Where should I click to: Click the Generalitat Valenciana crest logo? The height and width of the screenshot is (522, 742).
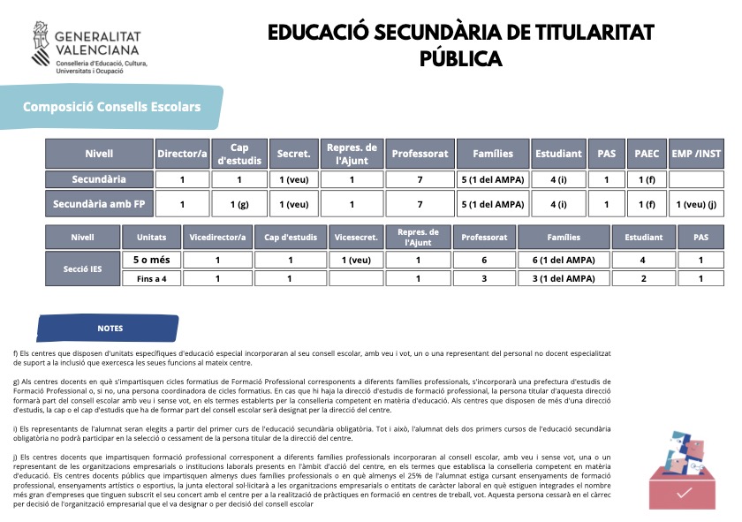pyautogui.click(x=42, y=45)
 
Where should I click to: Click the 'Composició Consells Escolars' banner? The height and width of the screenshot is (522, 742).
pyautogui.click(x=111, y=108)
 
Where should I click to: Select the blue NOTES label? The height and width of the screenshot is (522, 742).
pyautogui.click(x=110, y=328)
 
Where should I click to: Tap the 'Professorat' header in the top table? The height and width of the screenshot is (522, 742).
pyautogui.click(x=420, y=154)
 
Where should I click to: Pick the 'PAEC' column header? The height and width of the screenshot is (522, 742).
pyautogui.click(x=647, y=154)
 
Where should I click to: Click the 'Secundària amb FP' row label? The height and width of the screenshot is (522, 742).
pyautogui.click(x=99, y=205)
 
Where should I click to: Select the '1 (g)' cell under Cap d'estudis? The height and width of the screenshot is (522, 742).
pyautogui.click(x=238, y=205)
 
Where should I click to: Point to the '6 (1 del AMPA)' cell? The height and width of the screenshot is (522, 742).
pyautogui.click(x=564, y=260)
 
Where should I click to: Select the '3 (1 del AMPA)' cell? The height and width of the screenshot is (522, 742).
pyautogui.click(x=564, y=278)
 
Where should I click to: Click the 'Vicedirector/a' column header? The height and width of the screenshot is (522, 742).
pyautogui.click(x=217, y=238)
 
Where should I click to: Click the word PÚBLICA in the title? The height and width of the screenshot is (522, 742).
pyautogui.click(x=460, y=59)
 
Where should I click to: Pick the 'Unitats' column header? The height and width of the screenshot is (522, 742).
pyautogui.click(x=151, y=238)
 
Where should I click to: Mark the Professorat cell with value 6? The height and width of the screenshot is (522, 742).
pyautogui.click(x=483, y=260)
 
